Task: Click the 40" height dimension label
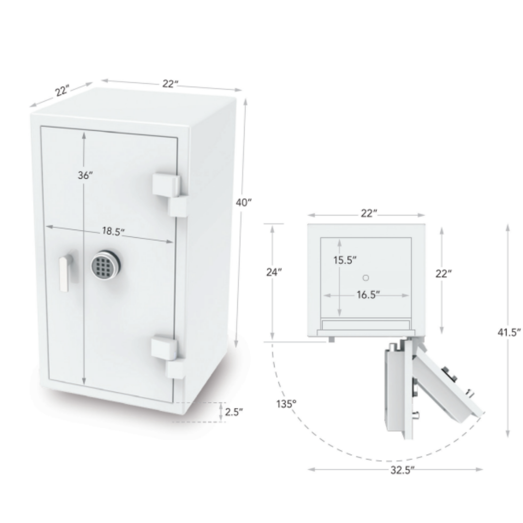[243, 202]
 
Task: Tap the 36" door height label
[85, 175]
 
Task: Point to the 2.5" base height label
[233, 412]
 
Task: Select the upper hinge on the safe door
[169, 194]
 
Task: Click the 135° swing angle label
[286, 404]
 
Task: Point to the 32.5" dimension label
[402, 470]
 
